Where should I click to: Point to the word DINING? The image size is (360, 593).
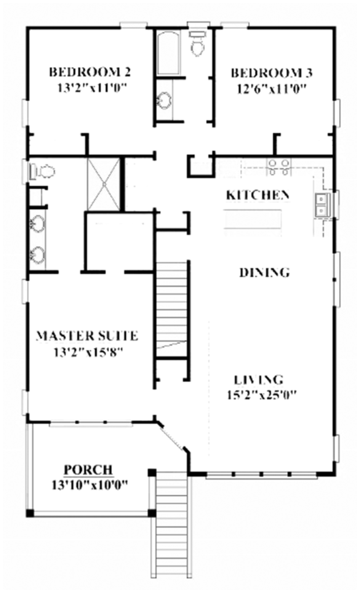coord(264,272)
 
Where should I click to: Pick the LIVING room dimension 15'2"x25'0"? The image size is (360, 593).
coord(262,395)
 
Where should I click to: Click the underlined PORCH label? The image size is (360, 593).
coord(88,470)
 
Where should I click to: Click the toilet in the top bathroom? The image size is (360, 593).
coord(198,44)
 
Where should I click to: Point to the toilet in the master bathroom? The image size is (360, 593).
coord(43,172)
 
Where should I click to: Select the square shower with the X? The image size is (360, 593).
coord(104,184)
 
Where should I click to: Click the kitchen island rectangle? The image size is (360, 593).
coord(253,219)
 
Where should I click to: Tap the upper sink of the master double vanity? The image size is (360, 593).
coord(37,224)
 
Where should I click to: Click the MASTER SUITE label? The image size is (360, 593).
coord(87,336)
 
